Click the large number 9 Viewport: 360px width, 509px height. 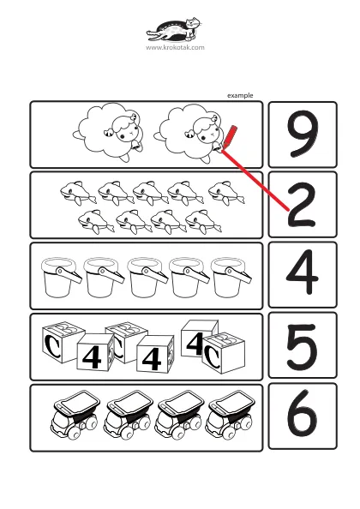[303, 134]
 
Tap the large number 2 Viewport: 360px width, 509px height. [302, 205]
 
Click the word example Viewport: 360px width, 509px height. [240, 95]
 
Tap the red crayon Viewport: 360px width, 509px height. [230, 138]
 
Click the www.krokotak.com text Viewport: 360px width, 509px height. [176, 47]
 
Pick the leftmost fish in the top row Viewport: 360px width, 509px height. [78, 193]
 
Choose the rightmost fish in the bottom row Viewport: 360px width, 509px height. [203, 222]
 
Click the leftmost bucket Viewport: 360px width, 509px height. [61, 277]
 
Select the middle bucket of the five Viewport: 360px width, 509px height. [147, 277]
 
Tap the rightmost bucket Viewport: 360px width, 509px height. [231, 277]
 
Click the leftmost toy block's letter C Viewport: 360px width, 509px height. [52, 345]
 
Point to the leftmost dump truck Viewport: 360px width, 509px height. [75, 416]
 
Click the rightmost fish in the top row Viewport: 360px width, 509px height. [226, 193]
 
